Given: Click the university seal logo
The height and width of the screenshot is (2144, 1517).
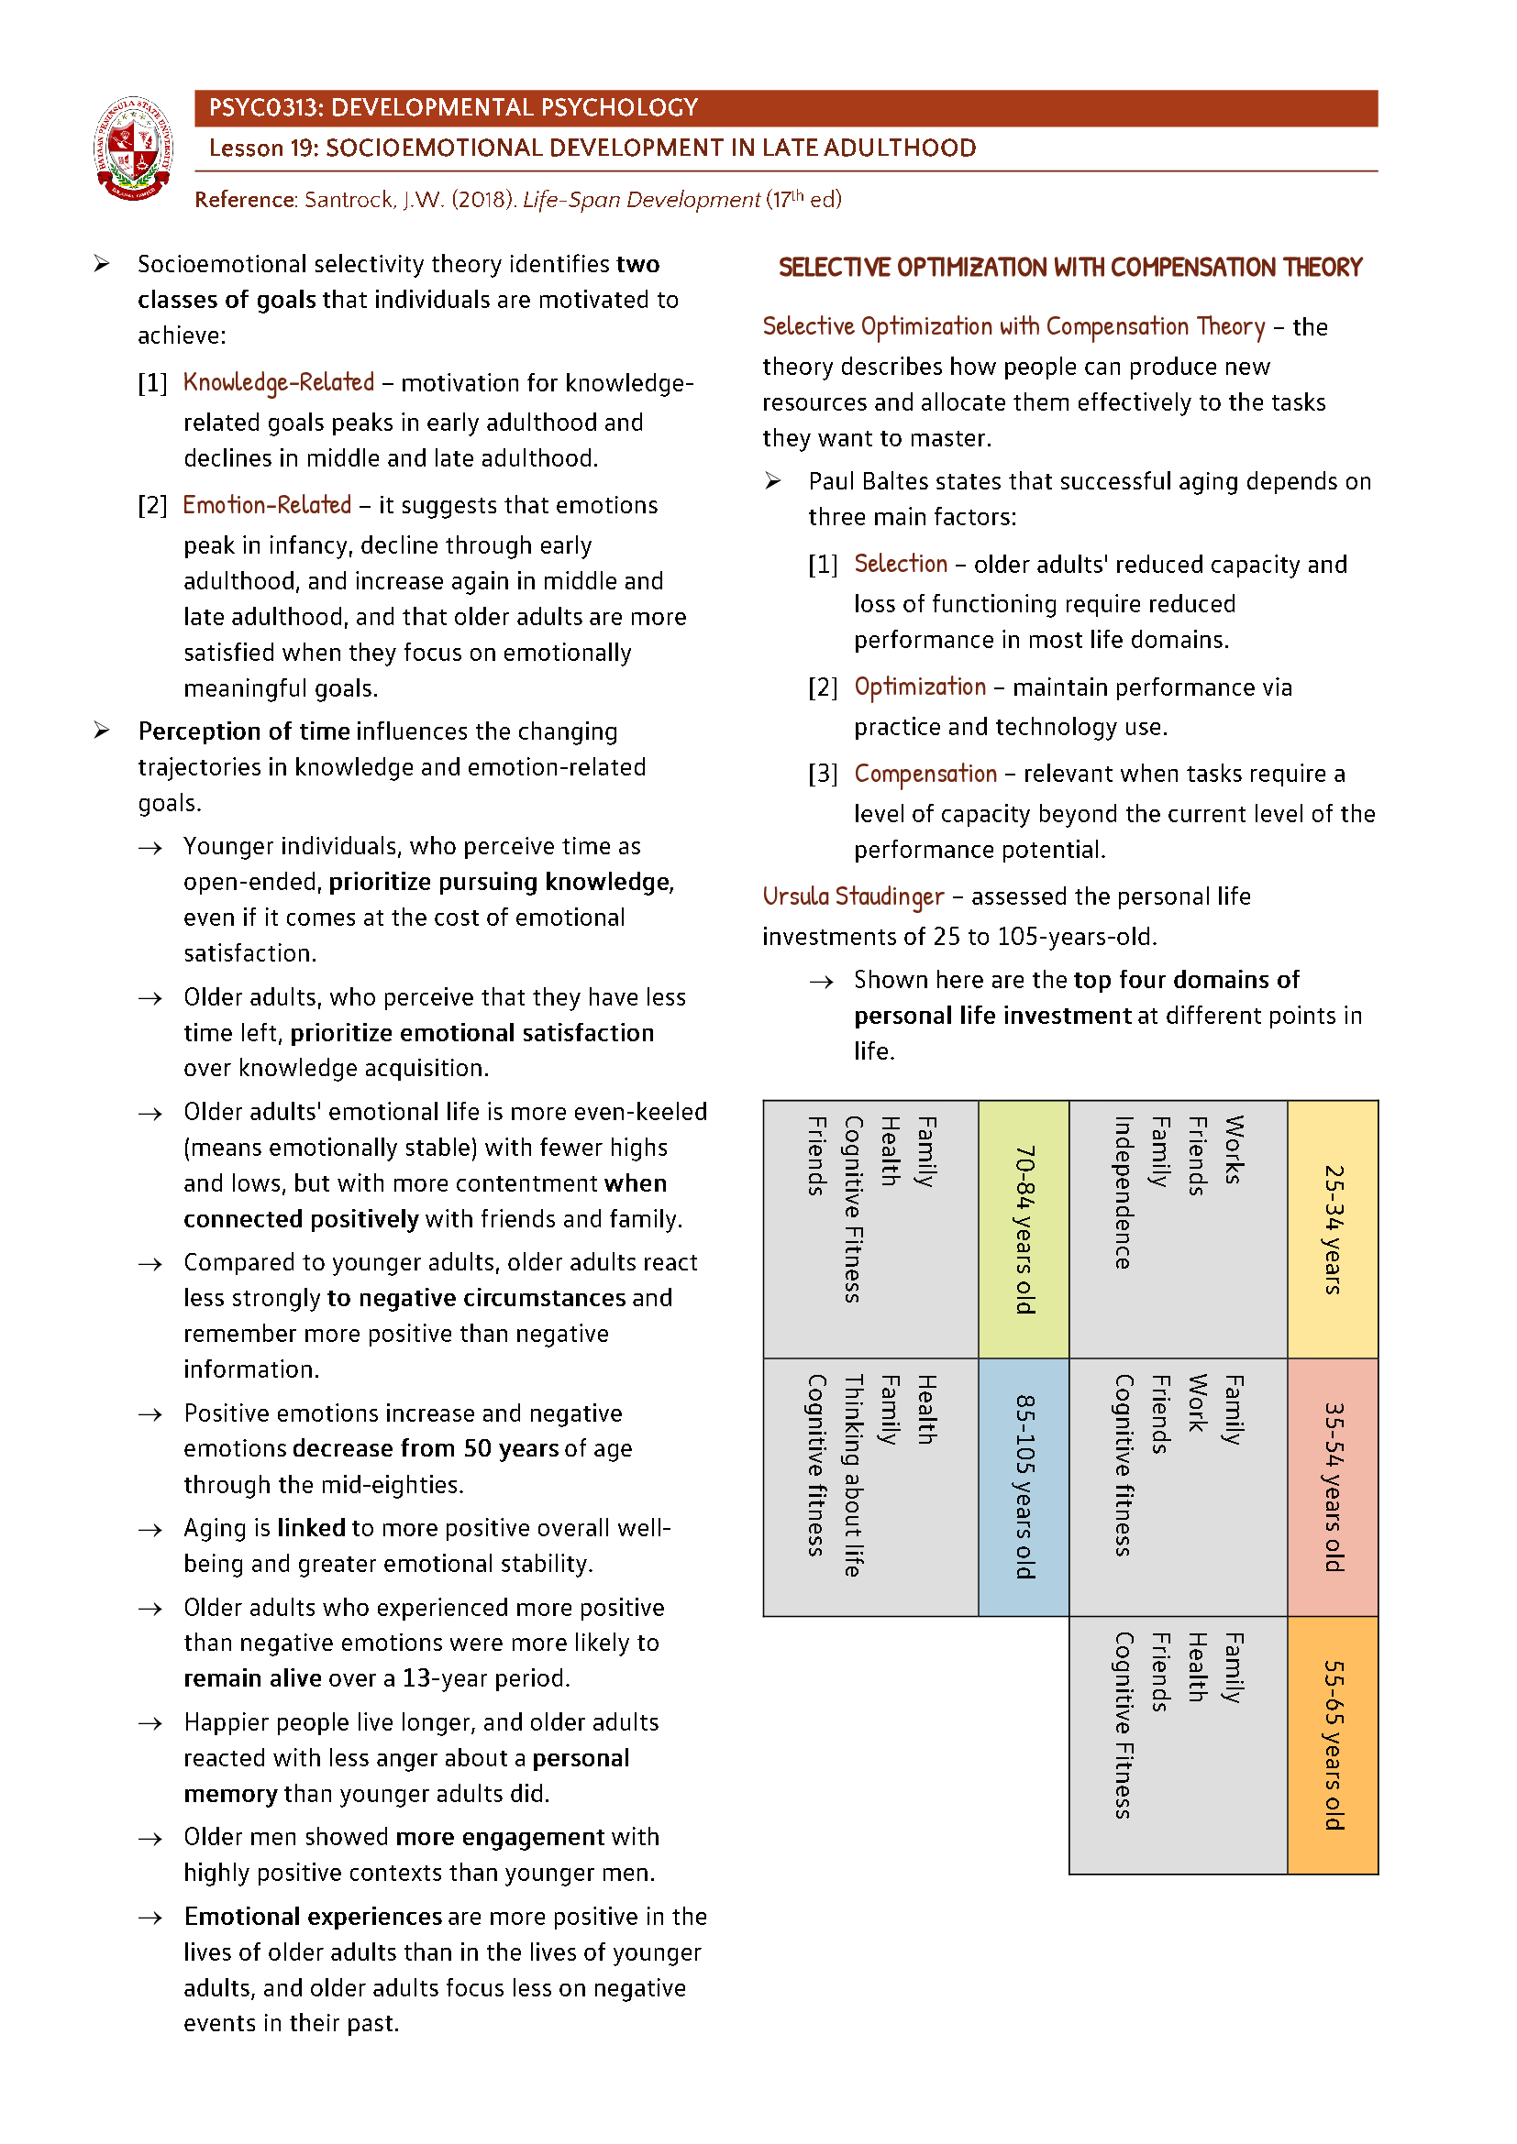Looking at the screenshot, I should tap(134, 148).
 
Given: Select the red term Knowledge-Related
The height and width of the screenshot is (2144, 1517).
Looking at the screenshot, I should tap(279, 383).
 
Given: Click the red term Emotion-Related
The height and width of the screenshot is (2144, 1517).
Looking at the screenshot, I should tap(267, 505).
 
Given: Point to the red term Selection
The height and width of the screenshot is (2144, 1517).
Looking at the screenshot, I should tap(901, 564).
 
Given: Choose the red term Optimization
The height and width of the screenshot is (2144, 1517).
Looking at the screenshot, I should tap(920, 687).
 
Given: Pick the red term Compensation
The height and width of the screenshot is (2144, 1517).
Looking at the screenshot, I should tap(925, 775).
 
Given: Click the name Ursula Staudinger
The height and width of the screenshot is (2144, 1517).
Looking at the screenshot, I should tap(853, 896).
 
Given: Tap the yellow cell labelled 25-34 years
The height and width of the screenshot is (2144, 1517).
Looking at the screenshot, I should tap(1333, 1229).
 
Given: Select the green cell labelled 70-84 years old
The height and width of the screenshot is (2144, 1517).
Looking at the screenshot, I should tap(1024, 1229).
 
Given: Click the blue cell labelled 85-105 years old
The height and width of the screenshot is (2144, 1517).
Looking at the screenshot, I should tap(1024, 1487).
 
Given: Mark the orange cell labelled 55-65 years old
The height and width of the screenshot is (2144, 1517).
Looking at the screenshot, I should tap(1333, 1744).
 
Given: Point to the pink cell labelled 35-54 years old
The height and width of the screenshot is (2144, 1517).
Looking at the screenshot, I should tap(1333, 1487).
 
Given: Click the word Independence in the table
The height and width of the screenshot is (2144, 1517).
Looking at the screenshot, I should tap(1123, 1193).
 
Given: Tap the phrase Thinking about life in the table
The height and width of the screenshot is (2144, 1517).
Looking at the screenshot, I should tap(852, 1476).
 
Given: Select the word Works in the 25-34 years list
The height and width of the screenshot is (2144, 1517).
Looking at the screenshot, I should tap(1233, 1149).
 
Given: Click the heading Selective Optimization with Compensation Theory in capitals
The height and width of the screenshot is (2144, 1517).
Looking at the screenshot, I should tap(1069, 268).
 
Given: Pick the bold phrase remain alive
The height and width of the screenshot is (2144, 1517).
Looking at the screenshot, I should tap(252, 1679).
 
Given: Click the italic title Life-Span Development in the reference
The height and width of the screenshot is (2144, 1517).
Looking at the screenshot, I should tap(641, 200).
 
